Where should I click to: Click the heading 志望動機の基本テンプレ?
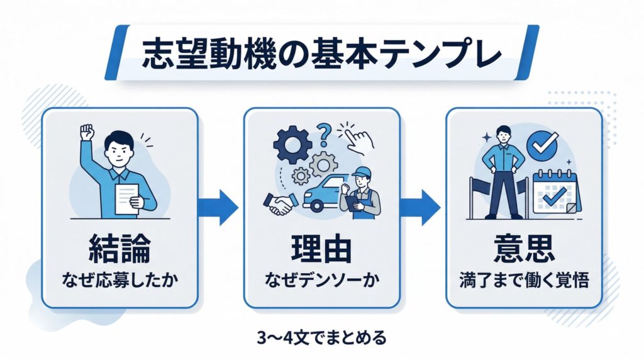point(321,52)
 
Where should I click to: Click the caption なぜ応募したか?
point(119,278)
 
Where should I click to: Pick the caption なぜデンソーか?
point(321,278)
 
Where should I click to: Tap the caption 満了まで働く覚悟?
point(523,278)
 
